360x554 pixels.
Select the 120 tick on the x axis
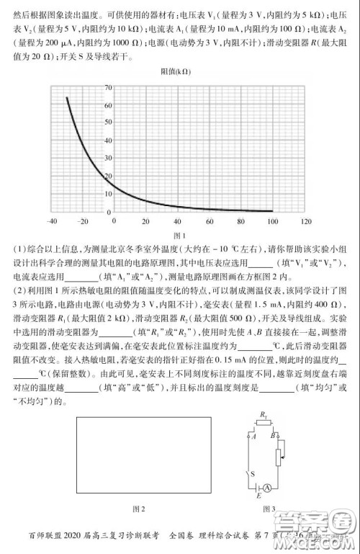coord(305,221)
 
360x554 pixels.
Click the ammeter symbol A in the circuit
coord(268,488)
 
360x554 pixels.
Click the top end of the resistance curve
coord(67,97)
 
